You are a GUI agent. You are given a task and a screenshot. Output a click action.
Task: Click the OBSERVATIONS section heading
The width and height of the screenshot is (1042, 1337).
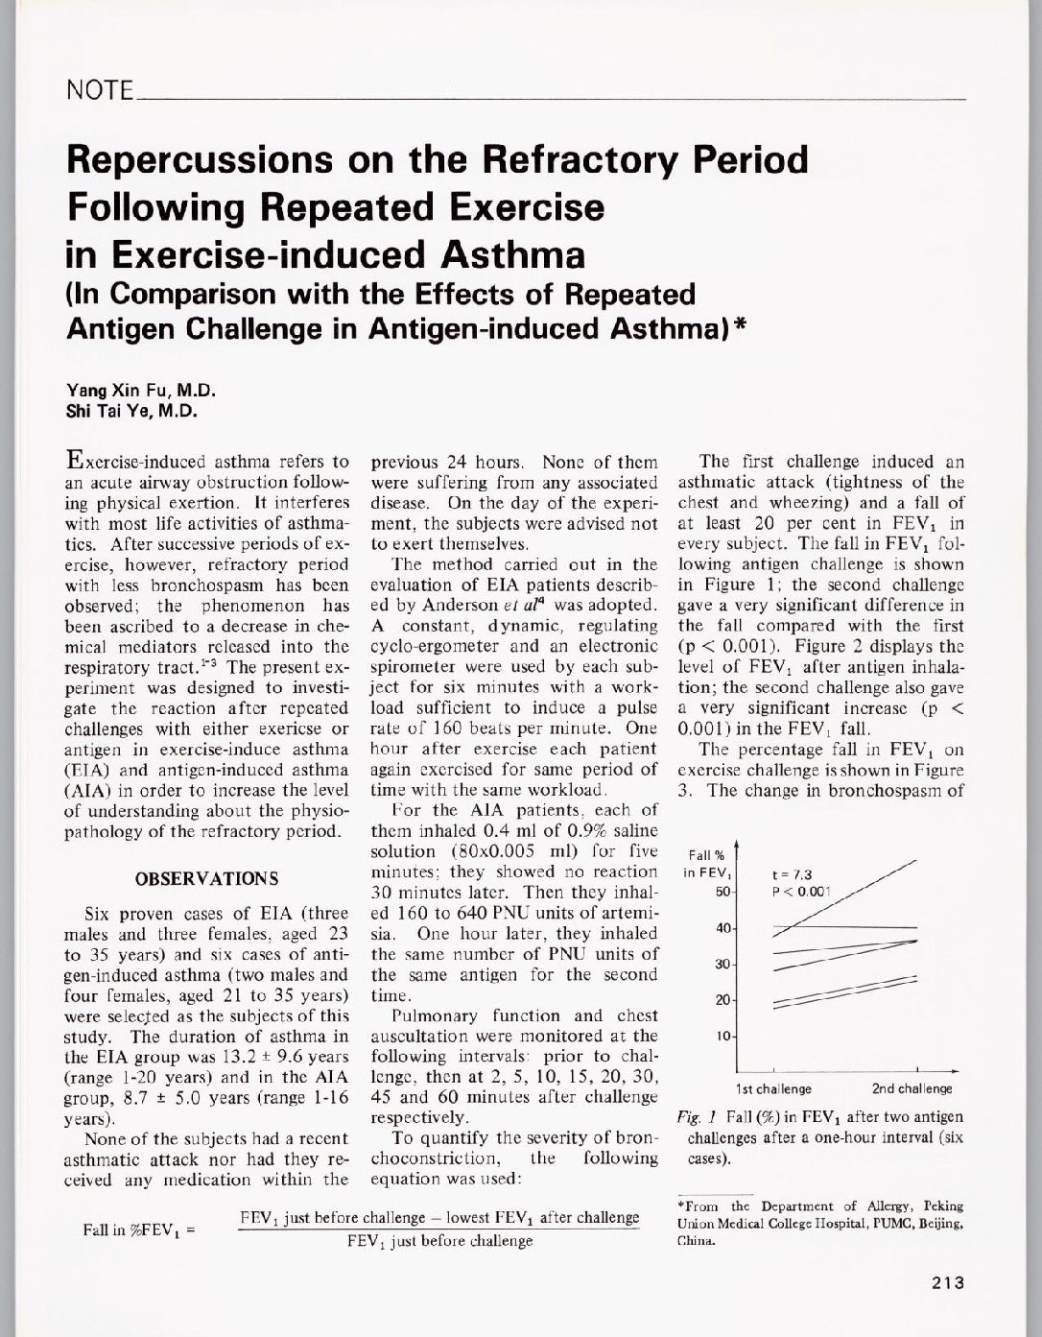pyautogui.click(x=207, y=878)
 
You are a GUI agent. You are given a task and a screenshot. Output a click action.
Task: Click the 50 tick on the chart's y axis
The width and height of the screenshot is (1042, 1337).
pyautogui.click(x=724, y=893)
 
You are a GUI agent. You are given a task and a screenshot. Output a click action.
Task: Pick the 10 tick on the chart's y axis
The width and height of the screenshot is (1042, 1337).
pyautogui.click(x=724, y=1037)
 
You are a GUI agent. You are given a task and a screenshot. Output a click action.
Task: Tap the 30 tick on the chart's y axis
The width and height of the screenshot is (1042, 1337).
pyautogui.click(x=724, y=964)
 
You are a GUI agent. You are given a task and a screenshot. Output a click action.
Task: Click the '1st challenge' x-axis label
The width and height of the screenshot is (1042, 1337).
pyautogui.click(x=773, y=1088)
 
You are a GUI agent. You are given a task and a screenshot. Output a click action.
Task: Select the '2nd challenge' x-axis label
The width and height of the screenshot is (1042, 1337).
pyautogui.click(x=912, y=1088)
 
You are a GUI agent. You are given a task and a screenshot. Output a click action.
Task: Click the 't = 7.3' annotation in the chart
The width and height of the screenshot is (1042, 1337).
pyautogui.click(x=793, y=874)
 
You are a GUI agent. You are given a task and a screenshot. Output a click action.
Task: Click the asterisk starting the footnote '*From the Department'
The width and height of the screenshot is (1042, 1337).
pyautogui.click(x=680, y=1206)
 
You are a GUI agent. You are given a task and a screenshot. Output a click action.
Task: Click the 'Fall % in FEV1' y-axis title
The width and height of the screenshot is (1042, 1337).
pyautogui.click(x=709, y=863)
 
